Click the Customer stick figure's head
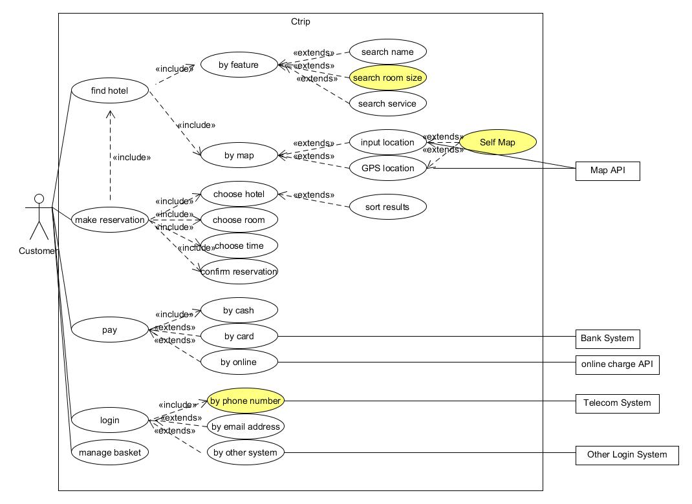tap(39, 198)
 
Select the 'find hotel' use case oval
tap(110, 90)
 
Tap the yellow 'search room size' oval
tap(388, 78)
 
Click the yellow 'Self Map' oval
tap(497, 142)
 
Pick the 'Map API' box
tap(607, 171)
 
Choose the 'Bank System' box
tap(607, 338)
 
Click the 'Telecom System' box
tap(617, 403)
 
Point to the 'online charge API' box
tap(617, 364)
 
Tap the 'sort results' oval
tap(388, 207)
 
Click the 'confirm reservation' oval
tap(239, 271)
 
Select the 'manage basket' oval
tap(110, 452)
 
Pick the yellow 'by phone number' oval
tap(245, 401)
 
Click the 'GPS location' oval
tap(388, 168)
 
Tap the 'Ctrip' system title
tap(301, 21)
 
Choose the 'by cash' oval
tap(239, 310)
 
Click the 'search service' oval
tap(388, 103)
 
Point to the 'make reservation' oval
tap(110, 220)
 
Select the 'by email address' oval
tap(246, 426)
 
